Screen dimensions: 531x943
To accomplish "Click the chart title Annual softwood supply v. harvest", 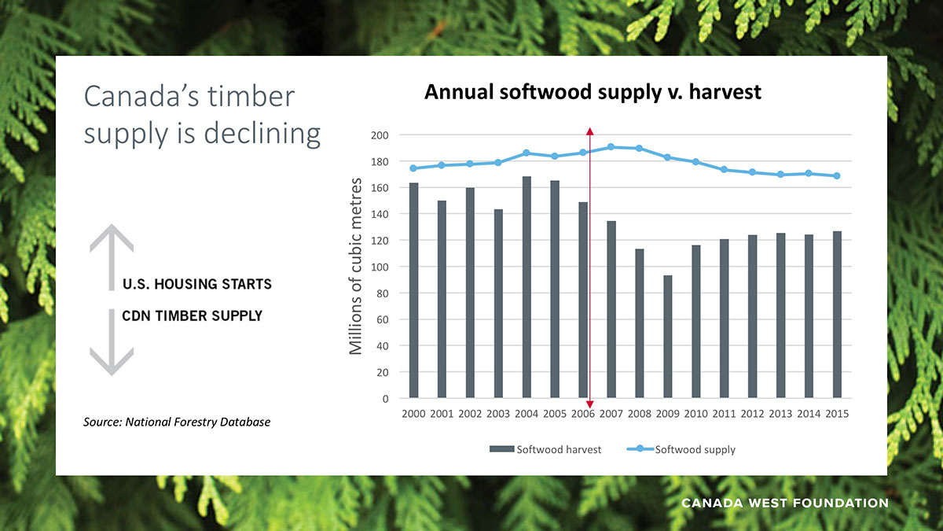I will (593, 92).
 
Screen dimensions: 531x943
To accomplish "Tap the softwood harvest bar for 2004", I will (527, 287).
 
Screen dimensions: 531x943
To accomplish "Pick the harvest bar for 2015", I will (836, 315).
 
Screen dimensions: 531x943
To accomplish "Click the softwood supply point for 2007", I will (611, 147).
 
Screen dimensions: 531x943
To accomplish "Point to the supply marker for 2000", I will (413, 168).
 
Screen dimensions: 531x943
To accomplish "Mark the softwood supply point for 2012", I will (752, 172).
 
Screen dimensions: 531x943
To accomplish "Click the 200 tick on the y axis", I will (380, 135).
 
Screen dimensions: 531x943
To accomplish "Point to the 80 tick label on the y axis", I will (383, 293).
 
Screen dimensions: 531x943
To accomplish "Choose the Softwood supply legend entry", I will (681, 450).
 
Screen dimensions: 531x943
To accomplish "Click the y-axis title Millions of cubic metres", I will (356, 266).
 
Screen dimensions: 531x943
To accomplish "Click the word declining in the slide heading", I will (262, 134).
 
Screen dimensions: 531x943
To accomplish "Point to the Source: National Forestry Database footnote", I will (177, 422).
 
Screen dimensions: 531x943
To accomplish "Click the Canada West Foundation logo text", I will (784, 503).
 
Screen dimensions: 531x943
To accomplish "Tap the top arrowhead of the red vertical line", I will (589, 131).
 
